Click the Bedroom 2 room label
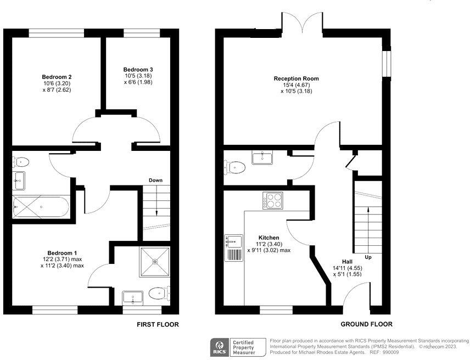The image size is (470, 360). [x=57, y=77]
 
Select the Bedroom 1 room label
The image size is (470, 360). [x=61, y=254]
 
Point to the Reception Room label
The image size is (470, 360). [x=296, y=78]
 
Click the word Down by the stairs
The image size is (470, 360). [x=155, y=180]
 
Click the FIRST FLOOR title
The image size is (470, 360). [x=158, y=324]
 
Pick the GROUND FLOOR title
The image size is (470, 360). [x=366, y=324]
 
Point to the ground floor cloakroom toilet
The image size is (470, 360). [x=236, y=166]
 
